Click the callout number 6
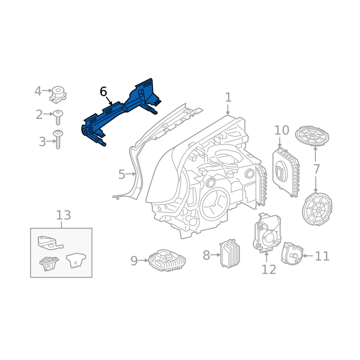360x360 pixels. point(103,92)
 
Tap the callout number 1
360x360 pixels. point(228,97)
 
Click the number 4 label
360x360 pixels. point(38,91)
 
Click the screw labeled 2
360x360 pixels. point(58,117)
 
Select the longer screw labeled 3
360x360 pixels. point(58,139)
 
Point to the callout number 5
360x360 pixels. point(121,174)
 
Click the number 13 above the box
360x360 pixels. point(63,215)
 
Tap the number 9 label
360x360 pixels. point(134,261)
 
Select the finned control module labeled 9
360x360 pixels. point(167,261)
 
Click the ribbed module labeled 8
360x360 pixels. point(230,253)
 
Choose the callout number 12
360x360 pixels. point(269,270)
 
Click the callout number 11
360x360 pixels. point(322,256)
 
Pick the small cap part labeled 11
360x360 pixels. point(292,253)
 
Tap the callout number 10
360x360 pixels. point(282,130)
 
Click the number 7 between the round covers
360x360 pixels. point(316,169)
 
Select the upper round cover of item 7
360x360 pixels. point(312,136)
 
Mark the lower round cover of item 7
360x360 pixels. point(317,209)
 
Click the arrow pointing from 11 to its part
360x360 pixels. point(308,256)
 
